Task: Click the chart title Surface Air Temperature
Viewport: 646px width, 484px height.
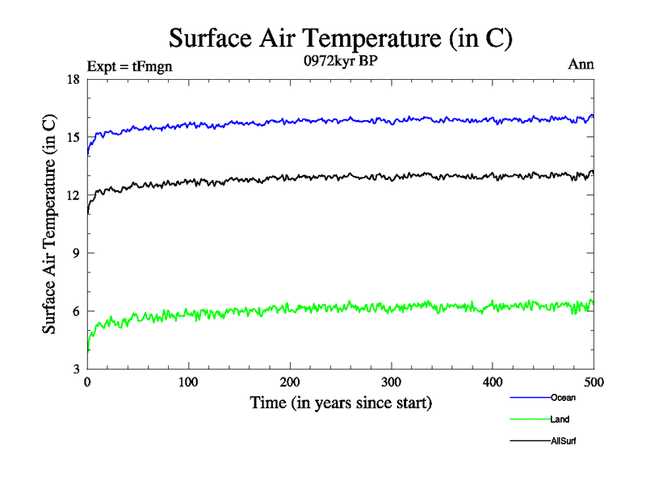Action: (340, 39)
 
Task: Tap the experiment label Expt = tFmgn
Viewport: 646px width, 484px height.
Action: (129, 67)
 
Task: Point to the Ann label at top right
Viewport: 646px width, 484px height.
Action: (581, 65)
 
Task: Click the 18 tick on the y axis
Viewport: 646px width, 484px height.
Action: (72, 79)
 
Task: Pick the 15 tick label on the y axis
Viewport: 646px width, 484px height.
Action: (72, 137)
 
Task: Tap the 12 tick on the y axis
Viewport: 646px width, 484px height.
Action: (72, 195)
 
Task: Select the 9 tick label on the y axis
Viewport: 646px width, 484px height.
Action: (75, 253)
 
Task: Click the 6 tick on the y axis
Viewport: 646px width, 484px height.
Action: (75, 311)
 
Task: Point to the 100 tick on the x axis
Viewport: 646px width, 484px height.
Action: (188, 382)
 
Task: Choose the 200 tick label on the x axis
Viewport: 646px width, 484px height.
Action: (290, 382)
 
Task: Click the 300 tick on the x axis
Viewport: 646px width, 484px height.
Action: (391, 382)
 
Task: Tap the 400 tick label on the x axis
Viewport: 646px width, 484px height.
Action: (493, 382)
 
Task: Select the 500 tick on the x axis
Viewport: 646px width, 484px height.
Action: (594, 382)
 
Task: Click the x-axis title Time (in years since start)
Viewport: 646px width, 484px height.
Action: (341, 403)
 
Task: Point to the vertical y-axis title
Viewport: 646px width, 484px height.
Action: (50, 223)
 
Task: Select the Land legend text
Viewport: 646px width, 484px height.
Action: (560, 419)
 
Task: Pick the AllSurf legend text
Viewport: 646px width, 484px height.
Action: (563, 441)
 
